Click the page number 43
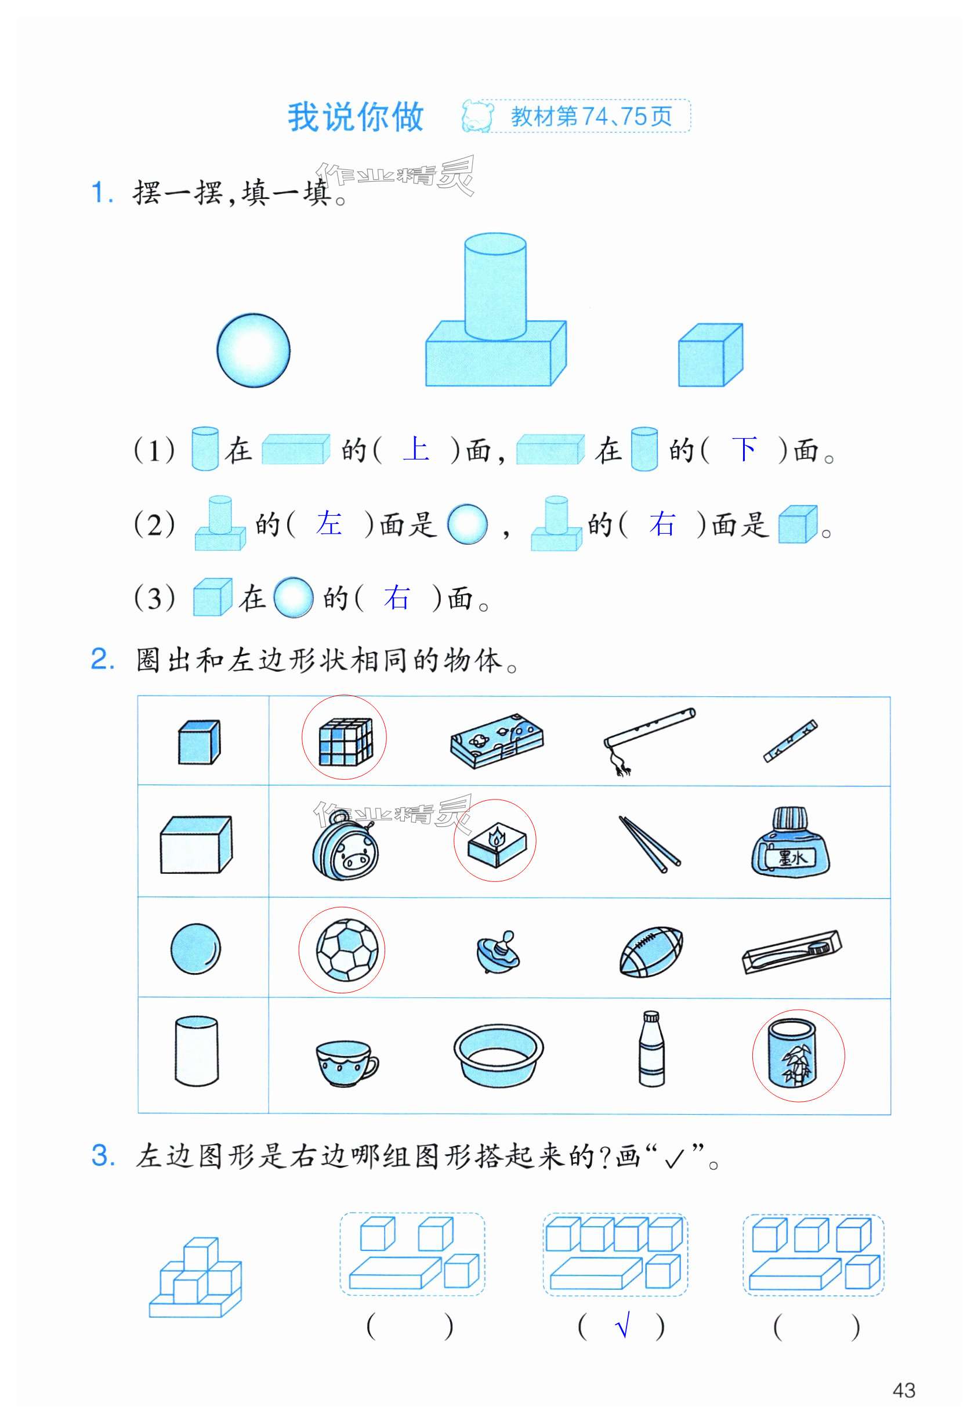point(904,1390)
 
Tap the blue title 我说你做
point(356,117)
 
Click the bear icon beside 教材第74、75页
point(478,116)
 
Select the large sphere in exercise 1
point(253,350)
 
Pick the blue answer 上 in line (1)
point(416,449)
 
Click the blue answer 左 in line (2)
point(329,523)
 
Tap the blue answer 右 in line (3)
point(396,598)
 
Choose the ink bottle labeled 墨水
point(790,841)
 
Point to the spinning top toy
point(497,952)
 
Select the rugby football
point(651,952)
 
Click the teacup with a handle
point(347,1064)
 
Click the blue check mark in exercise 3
point(622,1328)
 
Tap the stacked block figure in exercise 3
point(195,1277)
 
